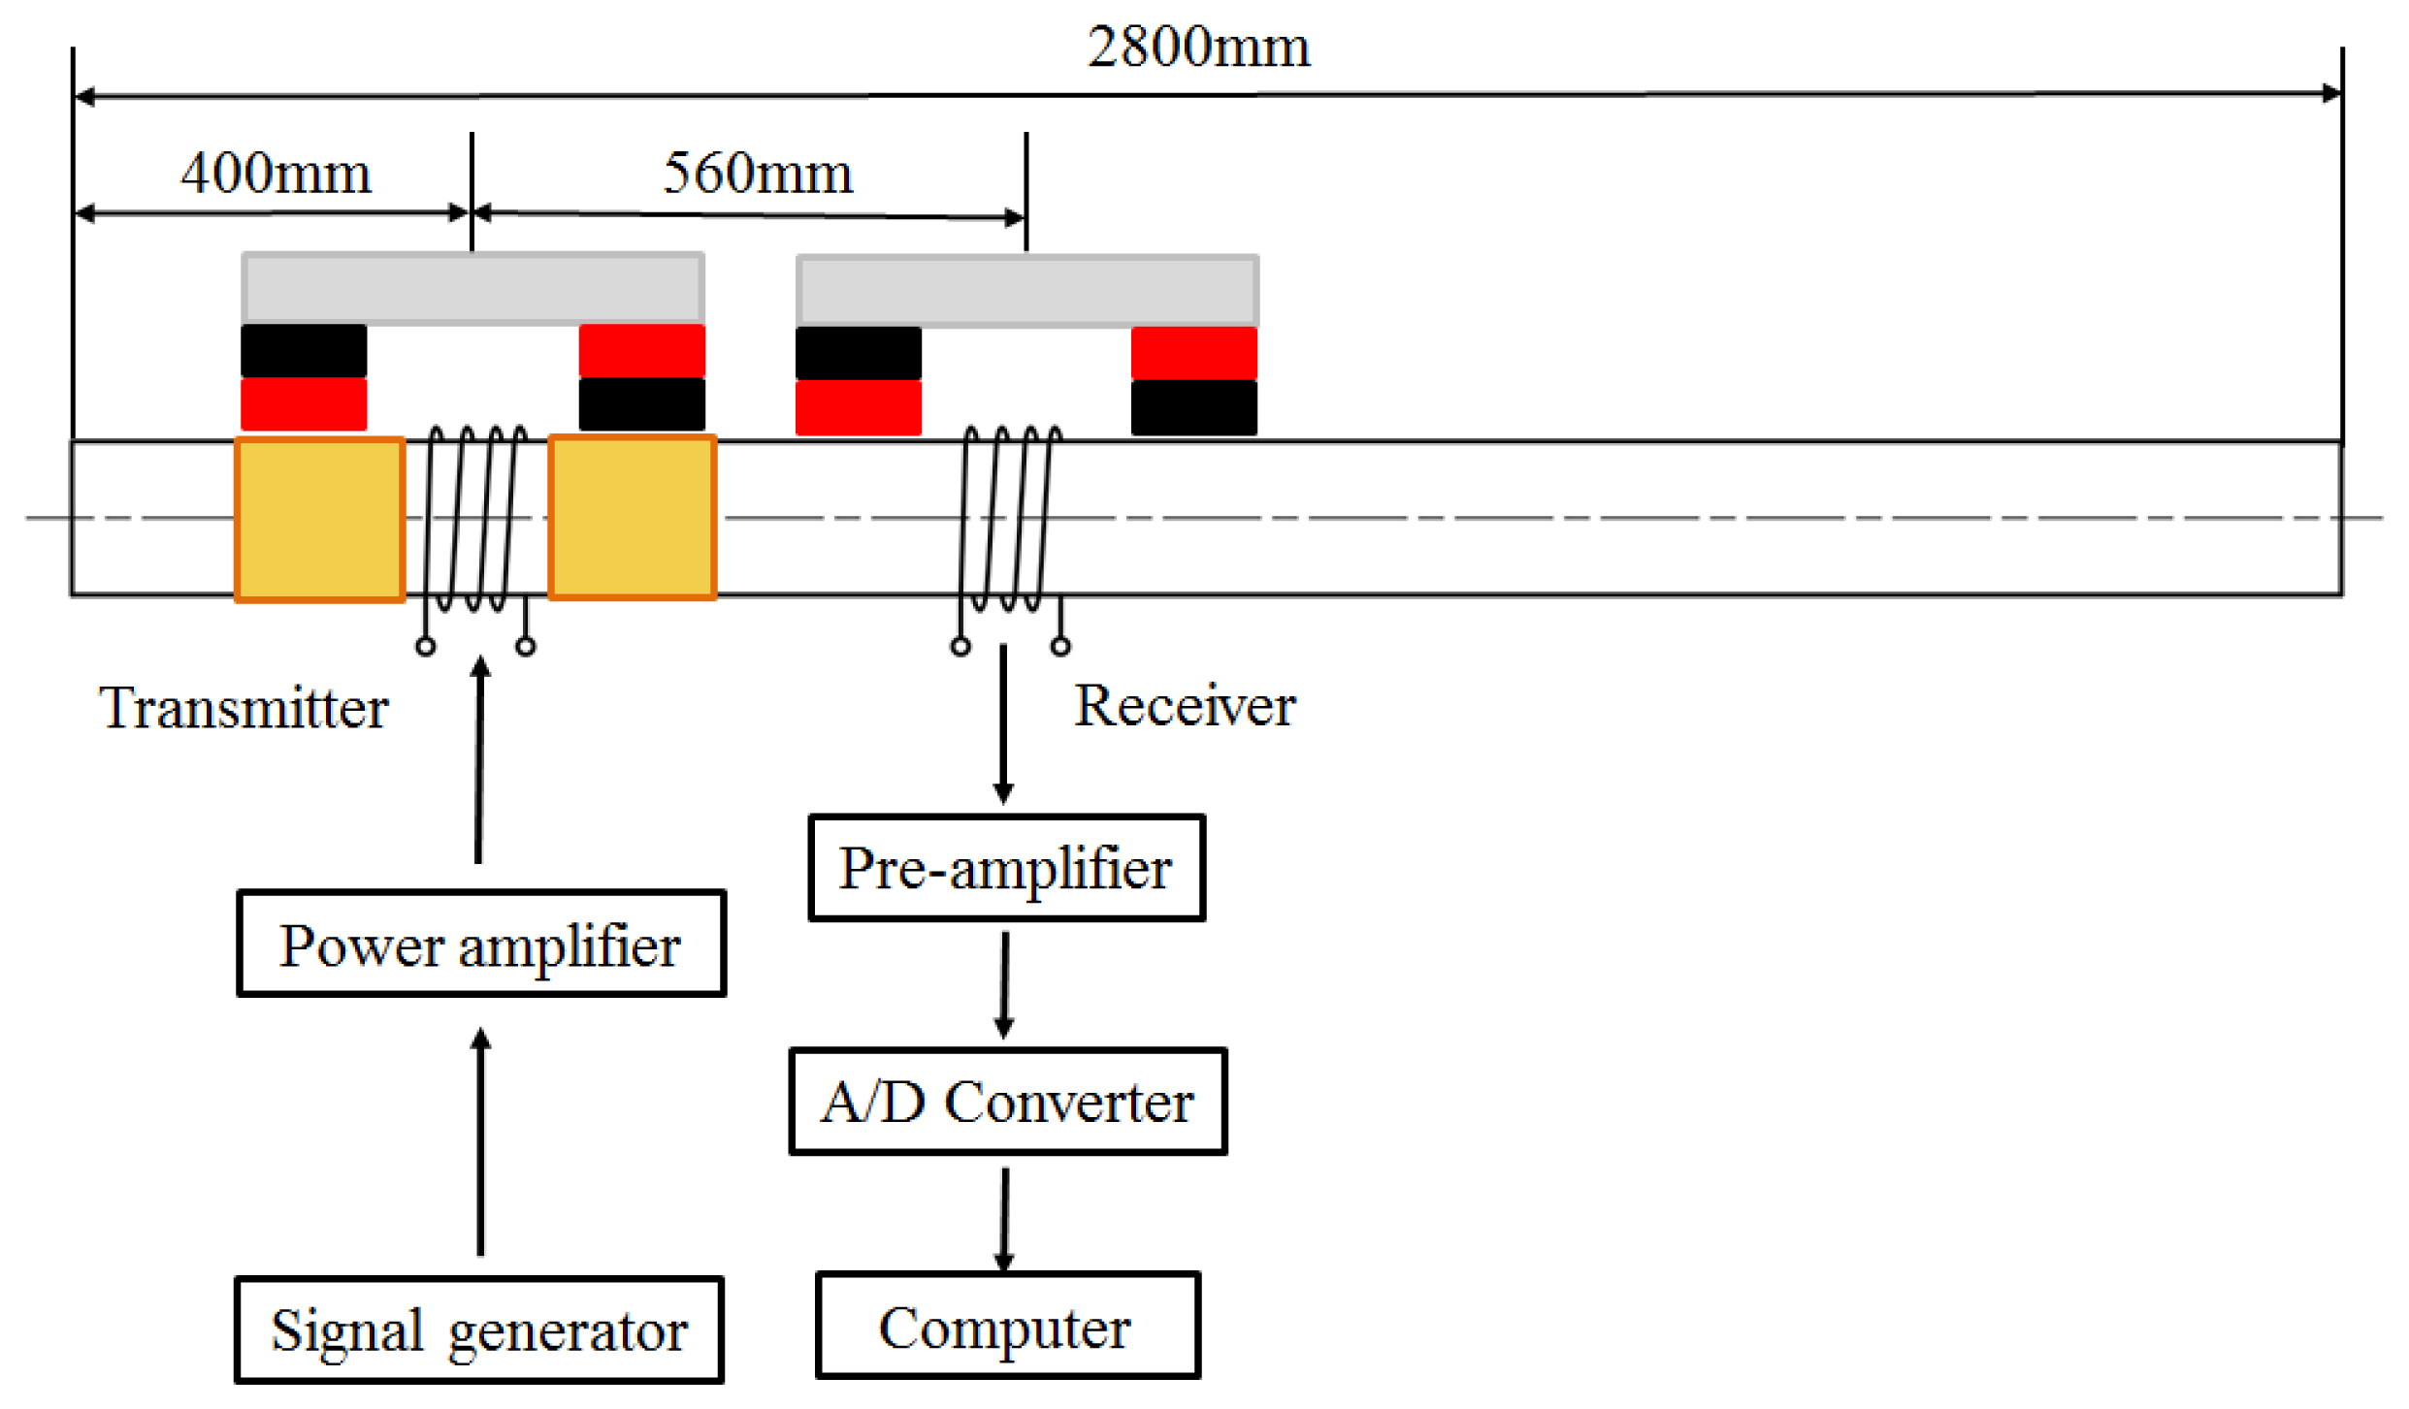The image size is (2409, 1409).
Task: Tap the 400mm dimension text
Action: click(276, 174)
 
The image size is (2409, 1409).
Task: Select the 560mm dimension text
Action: click(758, 174)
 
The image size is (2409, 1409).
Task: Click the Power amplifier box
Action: click(481, 944)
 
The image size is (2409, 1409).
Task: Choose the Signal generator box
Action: click(479, 1329)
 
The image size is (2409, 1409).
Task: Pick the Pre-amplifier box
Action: click(1007, 867)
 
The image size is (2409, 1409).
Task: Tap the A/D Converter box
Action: click(1008, 1102)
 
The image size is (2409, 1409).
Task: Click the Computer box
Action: click(1008, 1326)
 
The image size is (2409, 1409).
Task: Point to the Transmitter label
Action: click(244, 707)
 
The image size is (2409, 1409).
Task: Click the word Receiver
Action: click(1185, 705)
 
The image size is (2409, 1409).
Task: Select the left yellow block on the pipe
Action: click(320, 520)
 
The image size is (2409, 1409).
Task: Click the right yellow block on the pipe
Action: click(633, 518)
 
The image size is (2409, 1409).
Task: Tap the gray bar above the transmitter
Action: click(472, 288)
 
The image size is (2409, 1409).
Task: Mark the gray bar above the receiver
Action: click(1027, 290)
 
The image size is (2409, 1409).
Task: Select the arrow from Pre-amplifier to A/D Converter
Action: click(1005, 984)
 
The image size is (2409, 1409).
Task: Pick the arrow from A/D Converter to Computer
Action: click(1005, 1218)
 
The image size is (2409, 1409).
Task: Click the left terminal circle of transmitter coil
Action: click(425, 647)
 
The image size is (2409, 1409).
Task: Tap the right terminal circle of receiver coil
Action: click(1060, 646)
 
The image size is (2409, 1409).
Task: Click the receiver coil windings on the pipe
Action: click(1009, 519)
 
